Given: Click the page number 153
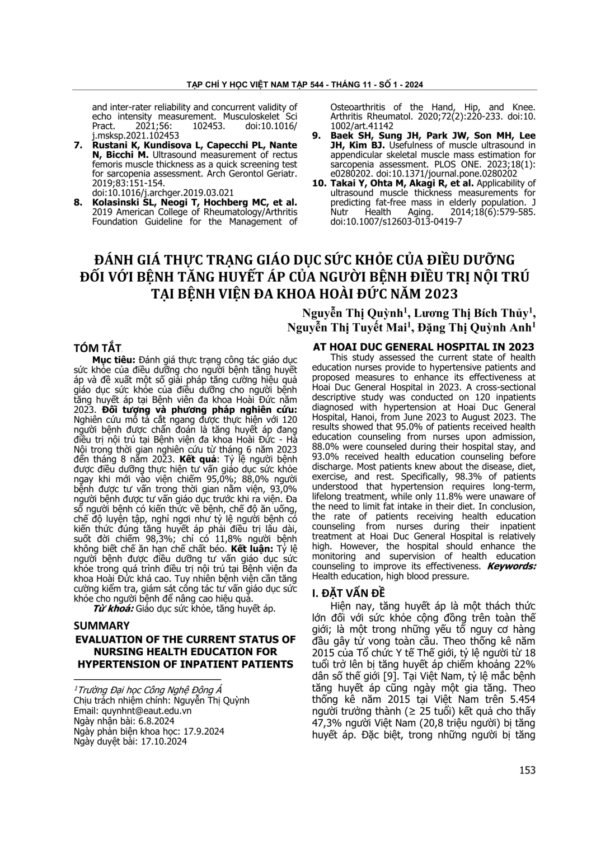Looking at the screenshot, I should pos(527,770).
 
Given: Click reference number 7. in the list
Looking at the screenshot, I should pos(80,145).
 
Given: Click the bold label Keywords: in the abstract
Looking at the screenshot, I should pos(511,566).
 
